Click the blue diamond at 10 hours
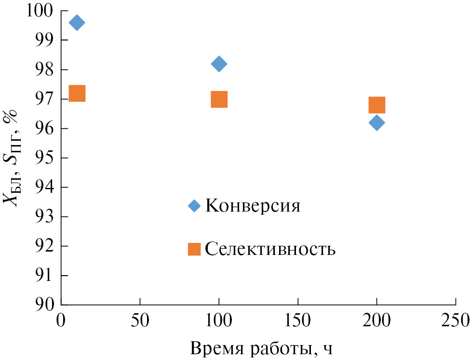coord(76,23)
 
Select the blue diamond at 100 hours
coord(219,64)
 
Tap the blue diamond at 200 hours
coord(376,122)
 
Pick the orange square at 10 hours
coord(77,93)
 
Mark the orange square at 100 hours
coord(219,99)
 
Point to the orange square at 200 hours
coord(376,105)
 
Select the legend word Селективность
coord(270,249)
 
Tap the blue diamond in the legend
coord(194,206)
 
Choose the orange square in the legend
coord(194,249)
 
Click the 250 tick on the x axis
coord(456,320)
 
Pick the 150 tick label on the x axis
coord(298,320)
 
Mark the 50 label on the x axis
coord(140,320)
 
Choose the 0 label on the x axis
coord(61,320)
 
